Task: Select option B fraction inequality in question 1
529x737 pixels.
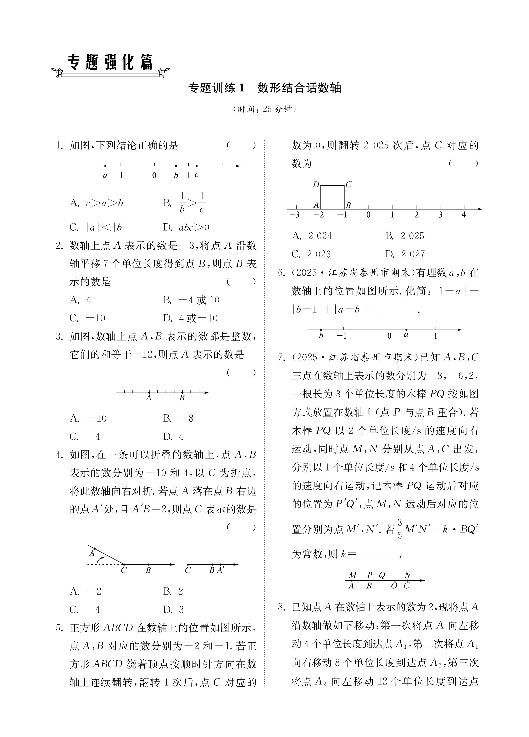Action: [x=185, y=203]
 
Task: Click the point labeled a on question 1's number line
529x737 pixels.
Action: [x=105, y=166]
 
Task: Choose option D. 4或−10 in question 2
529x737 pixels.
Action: [x=190, y=318]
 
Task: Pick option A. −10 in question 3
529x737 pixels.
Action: [x=88, y=418]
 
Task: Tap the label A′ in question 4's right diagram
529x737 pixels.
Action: [x=221, y=570]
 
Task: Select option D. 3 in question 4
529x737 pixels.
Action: [x=173, y=610]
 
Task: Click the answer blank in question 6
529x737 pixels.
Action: [x=396, y=310]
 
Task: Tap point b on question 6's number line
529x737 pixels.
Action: [x=321, y=330]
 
